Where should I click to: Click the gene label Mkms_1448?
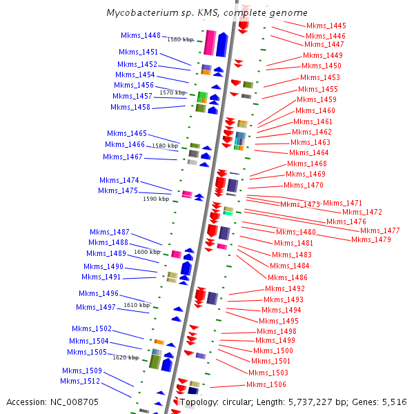click(140, 35)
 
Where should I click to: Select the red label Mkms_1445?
click(326, 26)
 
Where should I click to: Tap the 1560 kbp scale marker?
click(179, 39)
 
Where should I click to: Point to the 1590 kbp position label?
click(155, 199)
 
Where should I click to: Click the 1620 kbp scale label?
click(125, 357)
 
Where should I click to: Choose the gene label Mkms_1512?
click(80, 381)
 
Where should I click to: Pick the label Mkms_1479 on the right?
click(371, 239)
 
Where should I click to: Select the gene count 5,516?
click(393, 402)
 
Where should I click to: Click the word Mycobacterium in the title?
click(141, 13)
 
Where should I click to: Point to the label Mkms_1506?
click(266, 384)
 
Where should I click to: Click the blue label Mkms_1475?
click(118, 190)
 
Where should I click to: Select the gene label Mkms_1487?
click(110, 232)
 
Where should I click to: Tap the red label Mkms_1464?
click(309, 152)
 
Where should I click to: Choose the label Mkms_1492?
click(285, 288)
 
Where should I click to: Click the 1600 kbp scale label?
click(147, 252)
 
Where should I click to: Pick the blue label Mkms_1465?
click(127, 133)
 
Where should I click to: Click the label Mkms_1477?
click(380, 230)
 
